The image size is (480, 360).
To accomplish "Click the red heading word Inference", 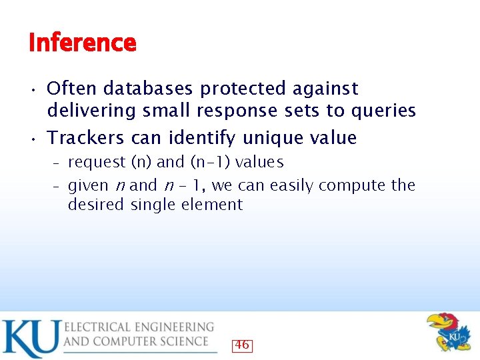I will point(82,43).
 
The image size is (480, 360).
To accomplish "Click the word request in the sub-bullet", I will point(97,163).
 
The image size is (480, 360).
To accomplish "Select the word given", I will point(89,185).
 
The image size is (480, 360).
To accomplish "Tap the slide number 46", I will point(241,345).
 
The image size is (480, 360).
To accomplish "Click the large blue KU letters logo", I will point(30,339).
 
